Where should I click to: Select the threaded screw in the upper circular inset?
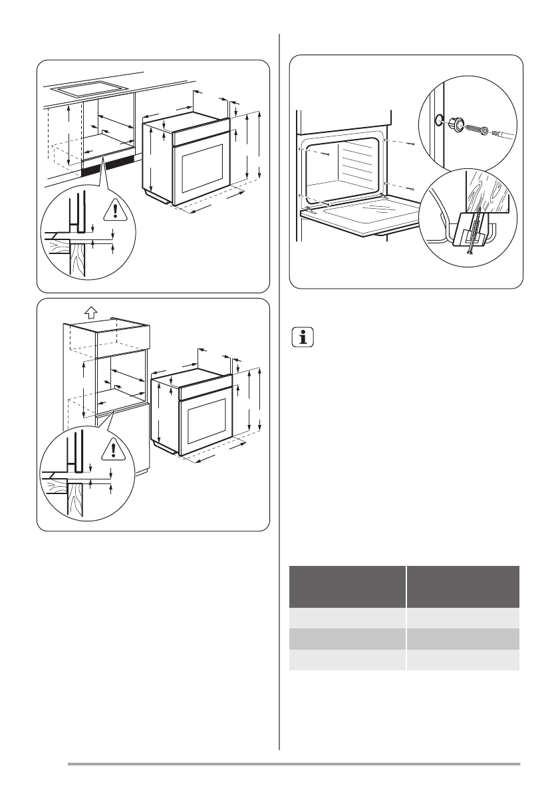[x=477, y=128]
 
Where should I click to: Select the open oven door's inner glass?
[x=362, y=216]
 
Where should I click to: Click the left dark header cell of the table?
[x=347, y=586]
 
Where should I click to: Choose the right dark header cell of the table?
[x=463, y=586]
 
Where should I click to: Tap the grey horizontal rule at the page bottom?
[x=293, y=764]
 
